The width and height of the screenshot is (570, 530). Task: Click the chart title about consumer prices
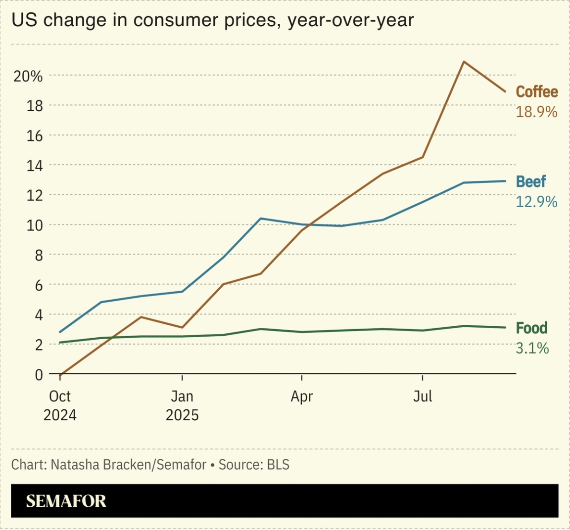[212, 20]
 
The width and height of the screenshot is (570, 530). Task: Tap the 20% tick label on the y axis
[28, 76]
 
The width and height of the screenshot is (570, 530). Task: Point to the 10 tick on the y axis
[34, 225]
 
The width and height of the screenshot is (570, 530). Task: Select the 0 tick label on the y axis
[38, 375]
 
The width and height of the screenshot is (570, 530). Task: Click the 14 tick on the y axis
[34, 166]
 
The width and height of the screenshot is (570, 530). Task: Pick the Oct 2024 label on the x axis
[60, 405]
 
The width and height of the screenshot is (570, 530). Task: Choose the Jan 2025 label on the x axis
[182, 405]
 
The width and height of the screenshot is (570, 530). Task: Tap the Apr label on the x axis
[302, 397]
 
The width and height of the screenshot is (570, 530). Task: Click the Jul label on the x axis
[423, 397]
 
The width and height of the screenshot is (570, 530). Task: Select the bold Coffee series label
[537, 92]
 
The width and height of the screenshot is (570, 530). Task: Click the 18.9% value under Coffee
[536, 112]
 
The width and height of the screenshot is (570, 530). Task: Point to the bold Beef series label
[531, 181]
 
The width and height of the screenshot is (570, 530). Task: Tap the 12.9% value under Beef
[536, 202]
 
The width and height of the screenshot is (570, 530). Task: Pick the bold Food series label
[531, 328]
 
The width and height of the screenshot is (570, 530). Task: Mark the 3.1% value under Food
[532, 349]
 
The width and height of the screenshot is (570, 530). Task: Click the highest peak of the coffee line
[463, 62]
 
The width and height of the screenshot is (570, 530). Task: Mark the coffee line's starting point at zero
[60, 374]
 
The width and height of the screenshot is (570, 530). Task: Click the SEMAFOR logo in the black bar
[66, 501]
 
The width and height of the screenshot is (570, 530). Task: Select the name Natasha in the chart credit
[72, 465]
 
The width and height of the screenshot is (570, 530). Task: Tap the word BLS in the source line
[278, 465]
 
